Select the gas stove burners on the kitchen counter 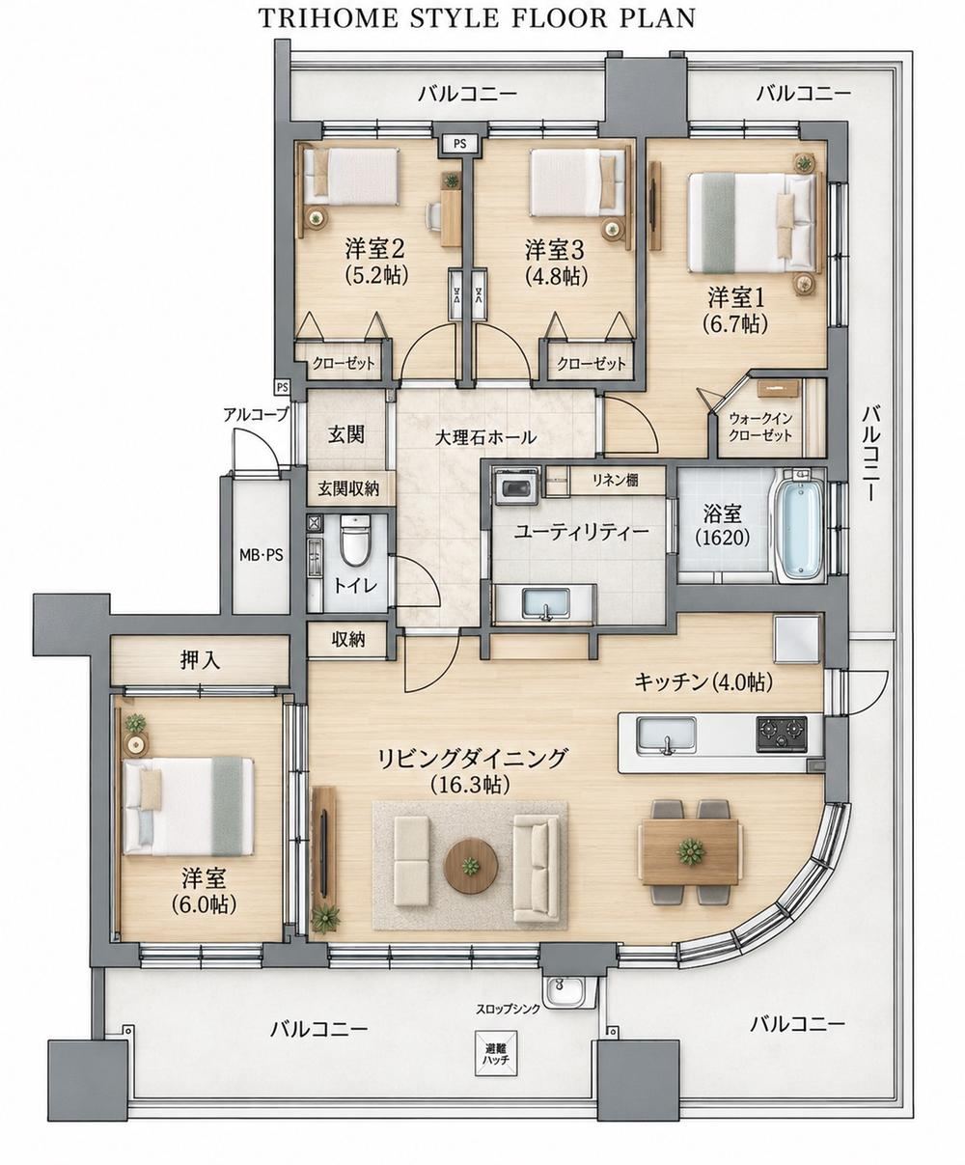coord(782,735)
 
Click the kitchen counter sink coord(666,735)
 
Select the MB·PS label coord(262,555)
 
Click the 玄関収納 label coord(348,489)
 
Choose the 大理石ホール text coord(485,437)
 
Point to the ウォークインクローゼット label coord(760,428)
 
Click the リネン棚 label coord(616,480)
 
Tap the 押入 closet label coord(200,660)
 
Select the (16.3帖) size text coord(470,785)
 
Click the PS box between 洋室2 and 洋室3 coord(459,144)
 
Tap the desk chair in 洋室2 coord(435,215)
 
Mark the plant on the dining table coord(691,851)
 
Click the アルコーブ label coord(256,414)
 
